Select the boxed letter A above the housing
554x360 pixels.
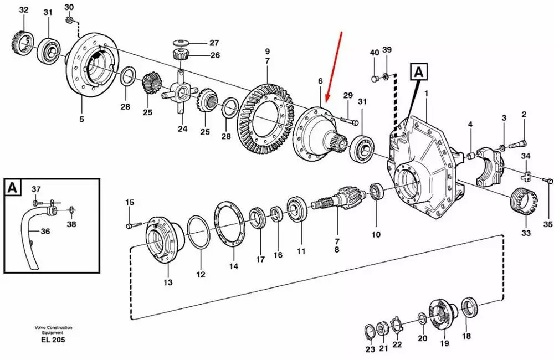coord(419,72)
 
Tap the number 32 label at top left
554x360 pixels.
coord(23,10)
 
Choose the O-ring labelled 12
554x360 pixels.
coord(198,232)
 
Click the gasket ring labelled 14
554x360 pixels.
coord(229,223)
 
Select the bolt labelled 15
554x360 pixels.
coord(134,224)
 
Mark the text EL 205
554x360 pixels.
coord(53,340)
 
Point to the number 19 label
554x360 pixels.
coord(444,343)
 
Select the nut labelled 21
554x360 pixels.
coord(382,330)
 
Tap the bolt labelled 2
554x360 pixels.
coord(517,145)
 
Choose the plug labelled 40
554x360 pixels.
coord(376,79)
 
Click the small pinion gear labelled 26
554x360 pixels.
coord(179,55)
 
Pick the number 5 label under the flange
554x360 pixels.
coord(81,119)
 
